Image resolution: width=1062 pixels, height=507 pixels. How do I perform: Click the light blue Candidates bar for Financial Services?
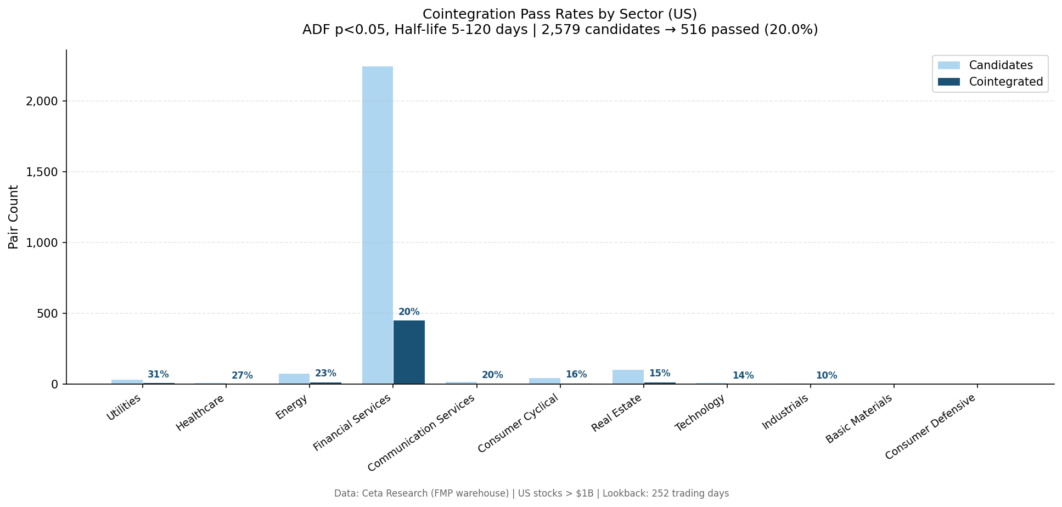378,225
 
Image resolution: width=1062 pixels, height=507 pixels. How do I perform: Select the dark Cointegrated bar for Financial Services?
409,352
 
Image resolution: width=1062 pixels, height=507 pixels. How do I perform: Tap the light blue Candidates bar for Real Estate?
628,377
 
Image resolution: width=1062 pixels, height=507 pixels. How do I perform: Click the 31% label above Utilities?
158,375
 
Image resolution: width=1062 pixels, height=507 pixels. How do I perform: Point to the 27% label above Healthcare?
242,376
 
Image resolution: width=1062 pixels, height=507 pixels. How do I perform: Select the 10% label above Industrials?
826,376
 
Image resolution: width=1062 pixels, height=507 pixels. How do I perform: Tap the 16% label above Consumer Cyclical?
576,375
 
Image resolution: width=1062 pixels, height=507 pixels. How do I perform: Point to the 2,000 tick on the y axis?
42,102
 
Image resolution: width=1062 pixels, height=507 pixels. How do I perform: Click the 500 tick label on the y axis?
47,314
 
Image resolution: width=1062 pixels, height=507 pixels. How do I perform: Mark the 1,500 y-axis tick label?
42,172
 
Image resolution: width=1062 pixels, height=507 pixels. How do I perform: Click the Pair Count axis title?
14,217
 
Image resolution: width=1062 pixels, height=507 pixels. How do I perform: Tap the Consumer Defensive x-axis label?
931,427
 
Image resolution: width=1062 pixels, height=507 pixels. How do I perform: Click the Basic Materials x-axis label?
859,419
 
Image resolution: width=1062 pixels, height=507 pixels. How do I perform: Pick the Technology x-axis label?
700,413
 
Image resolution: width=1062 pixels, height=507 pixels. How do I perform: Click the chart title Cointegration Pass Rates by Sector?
559,14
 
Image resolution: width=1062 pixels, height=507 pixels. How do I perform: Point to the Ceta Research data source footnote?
531,493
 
